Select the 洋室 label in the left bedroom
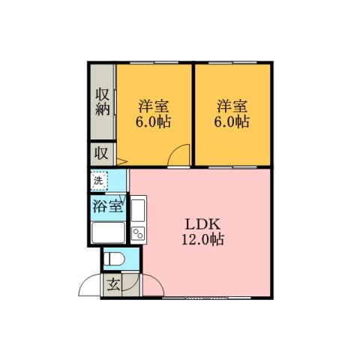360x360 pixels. point(153,104)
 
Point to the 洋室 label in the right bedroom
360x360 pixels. point(232,104)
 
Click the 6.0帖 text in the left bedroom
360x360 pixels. point(153,121)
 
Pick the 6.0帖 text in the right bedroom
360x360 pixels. point(232,121)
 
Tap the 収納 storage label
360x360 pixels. point(103,102)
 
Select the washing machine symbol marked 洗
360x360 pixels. point(99,181)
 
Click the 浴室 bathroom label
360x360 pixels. point(107,206)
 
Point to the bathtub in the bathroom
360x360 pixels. point(107,232)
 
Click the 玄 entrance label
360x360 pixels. point(112,285)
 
